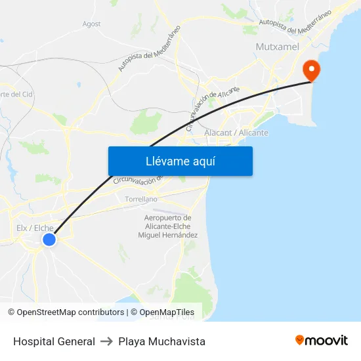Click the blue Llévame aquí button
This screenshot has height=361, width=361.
tap(180, 161)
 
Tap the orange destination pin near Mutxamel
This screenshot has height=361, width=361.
tap(308, 70)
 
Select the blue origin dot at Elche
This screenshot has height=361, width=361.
tap(49, 240)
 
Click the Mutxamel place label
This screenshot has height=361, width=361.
tap(277, 47)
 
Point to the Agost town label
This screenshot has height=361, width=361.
tap(91, 24)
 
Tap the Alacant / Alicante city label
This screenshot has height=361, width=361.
tap(236, 133)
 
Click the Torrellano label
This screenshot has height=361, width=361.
tap(141, 198)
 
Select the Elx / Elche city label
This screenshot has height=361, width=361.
tap(35, 228)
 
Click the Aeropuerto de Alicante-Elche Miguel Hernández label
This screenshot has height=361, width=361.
tap(167, 226)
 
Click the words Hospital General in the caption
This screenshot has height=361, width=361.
tap(54, 341)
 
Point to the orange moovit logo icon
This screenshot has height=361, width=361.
tap(300, 340)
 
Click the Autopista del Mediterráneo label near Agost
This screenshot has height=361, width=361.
tap(150, 49)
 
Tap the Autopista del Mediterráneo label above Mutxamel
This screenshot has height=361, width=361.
tap(294, 24)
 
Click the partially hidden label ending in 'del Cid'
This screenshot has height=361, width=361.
tap(16, 94)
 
